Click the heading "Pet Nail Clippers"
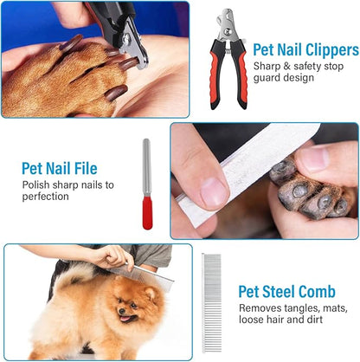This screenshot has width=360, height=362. [x=305, y=50]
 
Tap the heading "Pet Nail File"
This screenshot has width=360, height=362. [x=60, y=168]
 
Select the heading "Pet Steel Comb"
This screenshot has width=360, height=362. [x=286, y=292]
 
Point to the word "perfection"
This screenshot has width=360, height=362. [x=46, y=197]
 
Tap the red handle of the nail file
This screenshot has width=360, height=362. [x=147, y=212]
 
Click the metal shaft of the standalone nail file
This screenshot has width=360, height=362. [x=147, y=167]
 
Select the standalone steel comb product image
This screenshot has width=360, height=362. [x=211, y=303]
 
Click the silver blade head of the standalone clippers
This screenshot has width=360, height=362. [x=228, y=25]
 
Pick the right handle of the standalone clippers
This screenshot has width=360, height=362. [x=240, y=74]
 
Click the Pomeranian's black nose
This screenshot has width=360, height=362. [x=122, y=311]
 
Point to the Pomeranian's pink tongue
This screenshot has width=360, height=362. [x=125, y=319]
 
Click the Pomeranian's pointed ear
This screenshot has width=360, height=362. [x=151, y=294]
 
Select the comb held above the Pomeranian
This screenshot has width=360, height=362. [x=141, y=275]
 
